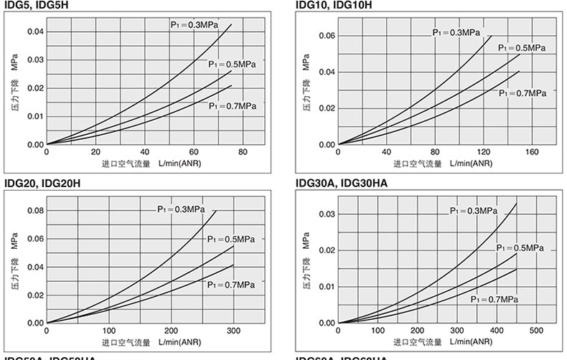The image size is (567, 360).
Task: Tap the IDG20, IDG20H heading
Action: [42, 184]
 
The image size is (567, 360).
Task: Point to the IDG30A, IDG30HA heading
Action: [342, 184]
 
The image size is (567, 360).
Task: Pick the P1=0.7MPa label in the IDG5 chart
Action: [233, 106]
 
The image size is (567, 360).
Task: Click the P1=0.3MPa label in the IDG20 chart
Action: [182, 209]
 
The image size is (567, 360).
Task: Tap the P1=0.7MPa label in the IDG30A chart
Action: [495, 298]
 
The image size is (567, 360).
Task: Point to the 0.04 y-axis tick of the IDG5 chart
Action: [35, 32]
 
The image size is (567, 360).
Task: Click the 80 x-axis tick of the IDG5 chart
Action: [243, 152]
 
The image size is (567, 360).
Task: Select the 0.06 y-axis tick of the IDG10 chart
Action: [327, 36]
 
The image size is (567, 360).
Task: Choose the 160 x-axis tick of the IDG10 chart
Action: [532, 152]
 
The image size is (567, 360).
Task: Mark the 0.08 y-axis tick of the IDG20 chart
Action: [35, 211]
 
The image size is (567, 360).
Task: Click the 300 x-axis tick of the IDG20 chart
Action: [233, 331]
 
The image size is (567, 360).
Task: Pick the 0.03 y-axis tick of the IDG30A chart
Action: [327, 214]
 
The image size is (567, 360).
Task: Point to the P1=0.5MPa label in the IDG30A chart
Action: [520, 248]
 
